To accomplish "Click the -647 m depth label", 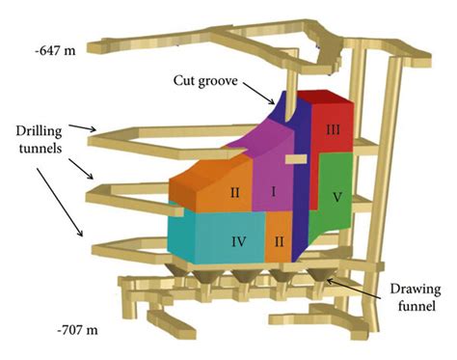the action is [56, 50].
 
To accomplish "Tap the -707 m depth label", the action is [77, 330].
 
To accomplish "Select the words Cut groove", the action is [205, 81].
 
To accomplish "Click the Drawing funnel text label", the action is [416, 297].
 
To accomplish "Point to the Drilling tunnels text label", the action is [40, 139].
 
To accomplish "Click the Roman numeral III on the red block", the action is [333, 130].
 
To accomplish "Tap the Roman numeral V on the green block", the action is [336, 197].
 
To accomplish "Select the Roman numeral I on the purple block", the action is [274, 192].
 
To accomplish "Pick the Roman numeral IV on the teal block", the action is [239, 241].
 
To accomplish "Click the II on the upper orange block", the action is [235, 193].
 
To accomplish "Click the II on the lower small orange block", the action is [279, 241].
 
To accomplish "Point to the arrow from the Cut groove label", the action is [258, 94].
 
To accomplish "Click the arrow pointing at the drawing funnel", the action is [354, 289].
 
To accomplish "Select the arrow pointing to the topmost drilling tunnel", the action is [83, 127].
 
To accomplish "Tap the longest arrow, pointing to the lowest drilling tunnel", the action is [59, 202].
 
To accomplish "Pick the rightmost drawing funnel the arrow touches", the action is [321, 275].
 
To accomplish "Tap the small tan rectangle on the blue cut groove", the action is [296, 159].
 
